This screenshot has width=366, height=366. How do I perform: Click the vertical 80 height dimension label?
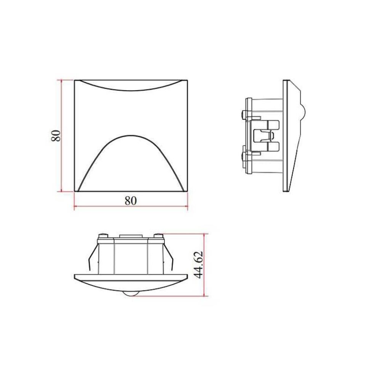[x=56, y=136]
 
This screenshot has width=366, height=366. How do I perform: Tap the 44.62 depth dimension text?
[x=199, y=265]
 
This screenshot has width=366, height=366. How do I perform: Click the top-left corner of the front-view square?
[x=74, y=80]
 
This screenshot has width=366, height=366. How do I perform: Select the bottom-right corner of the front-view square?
[x=188, y=191]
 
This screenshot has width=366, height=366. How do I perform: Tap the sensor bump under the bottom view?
[x=130, y=293]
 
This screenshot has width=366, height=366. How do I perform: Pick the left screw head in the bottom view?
[x=102, y=236]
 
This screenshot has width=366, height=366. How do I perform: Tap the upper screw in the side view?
[x=244, y=114]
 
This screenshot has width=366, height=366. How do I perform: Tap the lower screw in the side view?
[x=244, y=155]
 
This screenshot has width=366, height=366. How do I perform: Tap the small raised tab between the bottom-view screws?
[x=130, y=236]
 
